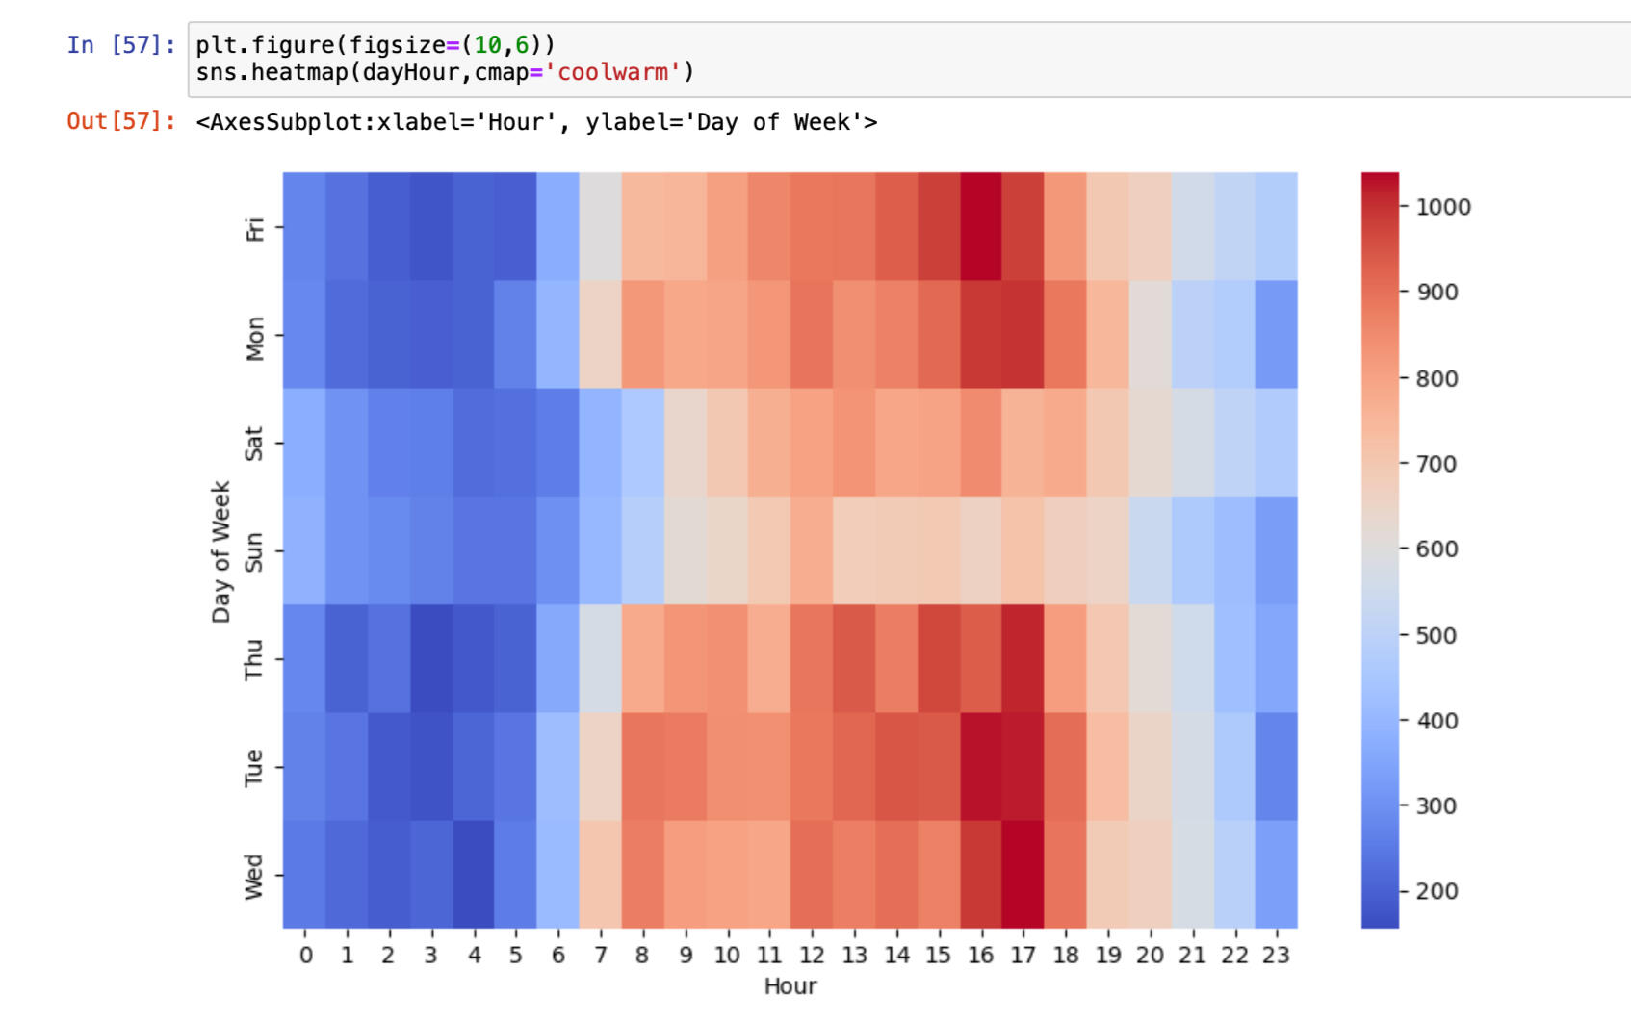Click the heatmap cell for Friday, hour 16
(x=980, y=227)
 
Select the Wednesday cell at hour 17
(x=1023, y=874)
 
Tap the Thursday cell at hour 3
(x=431, y=658)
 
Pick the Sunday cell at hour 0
(x=304, y=550)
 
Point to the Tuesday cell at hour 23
(x=1277, y=766)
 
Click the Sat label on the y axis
(x=253, y=444)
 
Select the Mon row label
(x=254, y=338)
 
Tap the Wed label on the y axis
(x=253, y=876)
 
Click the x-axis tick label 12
(x=812, y=955)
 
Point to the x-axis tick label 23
(x=1277, y=955)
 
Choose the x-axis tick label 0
(x=305, y=955)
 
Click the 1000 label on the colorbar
(x=1442, y=207)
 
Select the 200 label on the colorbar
(x=1436, y=891)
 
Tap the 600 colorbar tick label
(x=1436, y=549)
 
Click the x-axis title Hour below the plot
(x=790, y=985)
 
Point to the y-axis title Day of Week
(x=221, y=551)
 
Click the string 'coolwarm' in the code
(x=612, y=72)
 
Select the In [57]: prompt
(x=121, y=45)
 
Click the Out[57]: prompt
(x=121, y=121)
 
